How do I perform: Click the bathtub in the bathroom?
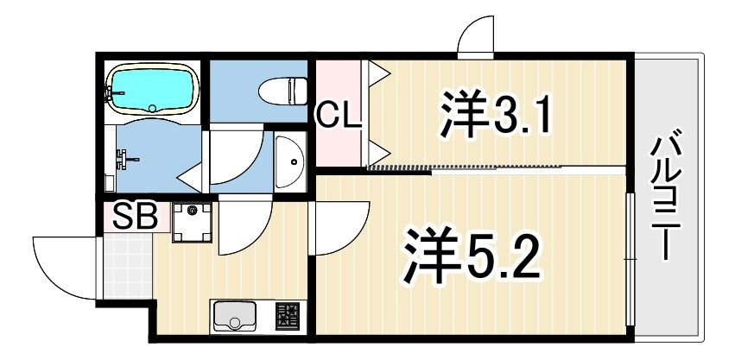(x=153, y=89)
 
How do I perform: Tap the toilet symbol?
(x=283, y=91)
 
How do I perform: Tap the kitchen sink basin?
(x=235, y=315)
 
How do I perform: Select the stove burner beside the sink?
(x=288, y=316)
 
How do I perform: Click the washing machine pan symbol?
(x=192, y=222)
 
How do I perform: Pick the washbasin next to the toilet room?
(x=290, y=161)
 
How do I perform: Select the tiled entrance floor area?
(x=128, y=266)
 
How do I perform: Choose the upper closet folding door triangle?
(x=379, y=73)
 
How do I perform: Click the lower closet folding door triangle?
(x=379, y=152)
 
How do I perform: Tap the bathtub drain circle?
(x=152, y=108)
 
